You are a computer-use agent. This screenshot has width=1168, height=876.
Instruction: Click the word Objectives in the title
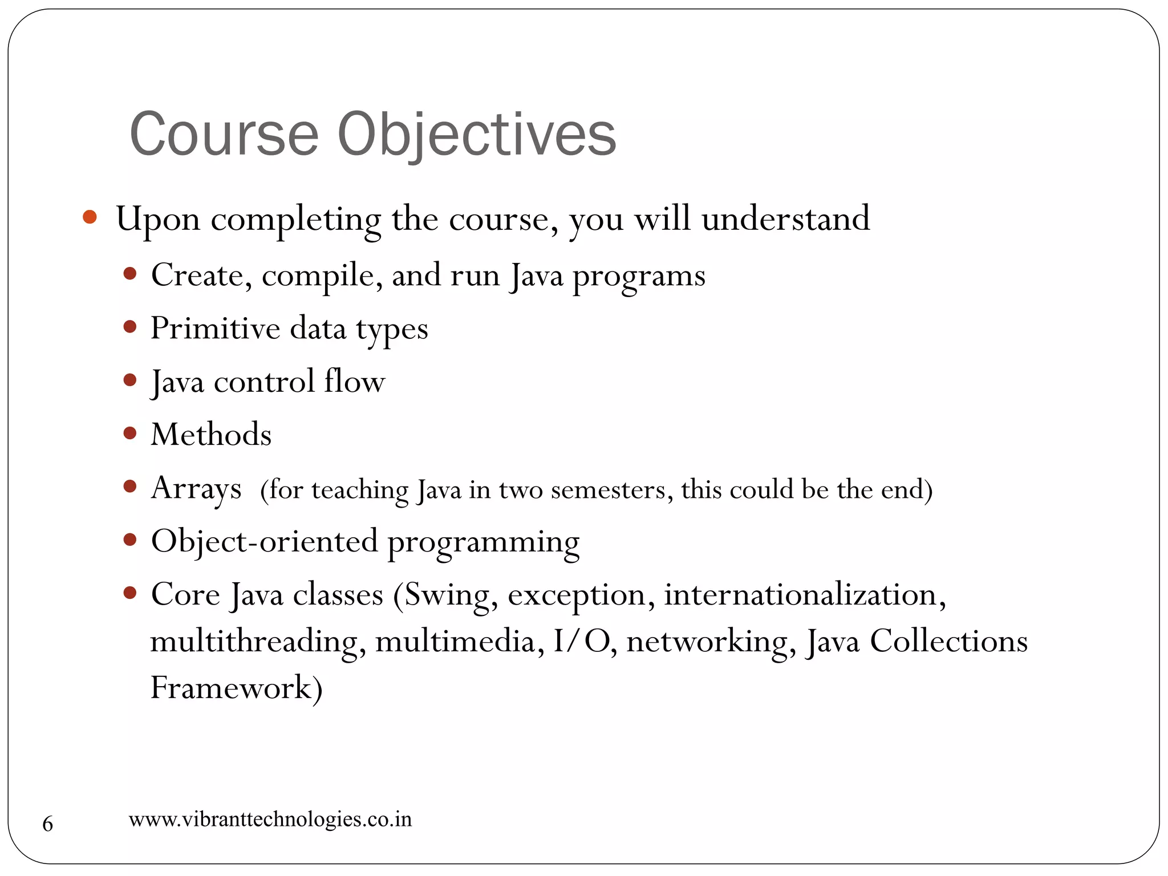(x=477, y=135)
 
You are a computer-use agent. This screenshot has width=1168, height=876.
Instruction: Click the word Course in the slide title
(x=224, y=135)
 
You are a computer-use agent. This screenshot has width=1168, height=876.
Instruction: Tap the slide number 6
(x=48, y=824)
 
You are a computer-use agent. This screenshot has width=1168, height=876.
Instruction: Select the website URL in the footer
(x=270, y=820)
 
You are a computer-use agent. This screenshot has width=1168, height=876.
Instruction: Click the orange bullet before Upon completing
(x=90, y=217)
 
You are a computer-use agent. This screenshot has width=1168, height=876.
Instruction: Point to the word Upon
(x=158, y=220)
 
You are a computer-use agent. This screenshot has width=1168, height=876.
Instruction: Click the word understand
(x=785, y=218)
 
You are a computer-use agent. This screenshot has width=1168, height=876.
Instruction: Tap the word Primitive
(x=216, y=329)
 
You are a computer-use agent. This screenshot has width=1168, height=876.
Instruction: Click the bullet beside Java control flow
(x=130, y=380)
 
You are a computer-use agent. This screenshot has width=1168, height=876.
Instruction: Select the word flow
(x=354, y=381)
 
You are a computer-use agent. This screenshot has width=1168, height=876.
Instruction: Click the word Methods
(x=211, y=435)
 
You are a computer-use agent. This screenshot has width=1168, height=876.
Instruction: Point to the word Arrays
(x=196, y=489)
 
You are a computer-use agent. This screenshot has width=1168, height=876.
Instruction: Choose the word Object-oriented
(x=265, y=541)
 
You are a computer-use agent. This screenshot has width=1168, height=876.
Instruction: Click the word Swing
(x=450, y=595)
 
